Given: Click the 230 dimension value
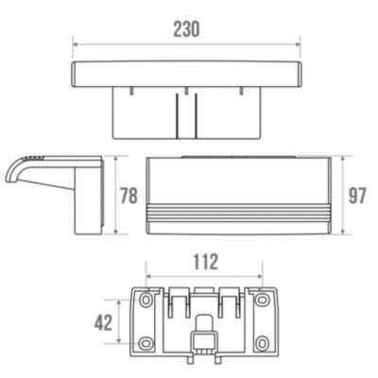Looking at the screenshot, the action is click(x=186, y=29).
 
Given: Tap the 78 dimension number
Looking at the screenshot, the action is click(x=129, y=196).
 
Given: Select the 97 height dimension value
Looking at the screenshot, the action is click(x=357, y=196).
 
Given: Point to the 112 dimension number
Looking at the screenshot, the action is click(x=205, y=262).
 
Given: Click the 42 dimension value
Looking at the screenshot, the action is click(x=104, y=322).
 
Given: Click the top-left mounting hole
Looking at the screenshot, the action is click(x=146, y=300).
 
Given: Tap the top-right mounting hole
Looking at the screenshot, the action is click(x=261, y=300).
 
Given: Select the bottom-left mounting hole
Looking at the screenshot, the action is click(x=146, y=343).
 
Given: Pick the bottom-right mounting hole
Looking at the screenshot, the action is click(x=261, y=343).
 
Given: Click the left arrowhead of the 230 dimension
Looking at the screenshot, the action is click(x=76, y=45).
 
